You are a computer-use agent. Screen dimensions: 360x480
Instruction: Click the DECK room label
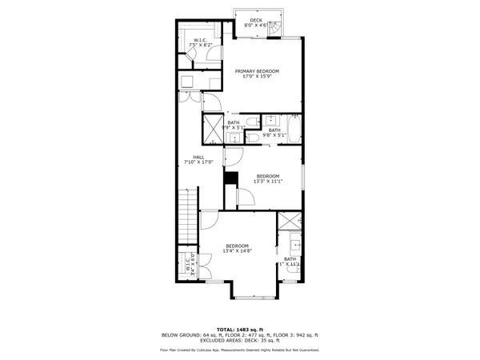pos(255,20)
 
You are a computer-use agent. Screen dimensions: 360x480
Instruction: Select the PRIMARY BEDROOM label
pos(257,71)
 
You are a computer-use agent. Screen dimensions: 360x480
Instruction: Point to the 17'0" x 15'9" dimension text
pos(257,77)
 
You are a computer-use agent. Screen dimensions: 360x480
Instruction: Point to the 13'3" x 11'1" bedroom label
pos(267,178)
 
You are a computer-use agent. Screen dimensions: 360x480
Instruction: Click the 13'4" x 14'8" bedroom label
pos(238,248)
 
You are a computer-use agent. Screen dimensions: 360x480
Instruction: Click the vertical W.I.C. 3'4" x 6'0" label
pos(190,265)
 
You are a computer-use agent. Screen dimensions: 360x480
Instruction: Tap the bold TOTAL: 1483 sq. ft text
pos(240,329)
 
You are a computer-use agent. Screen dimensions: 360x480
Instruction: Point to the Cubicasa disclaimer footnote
pos(240,350)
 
